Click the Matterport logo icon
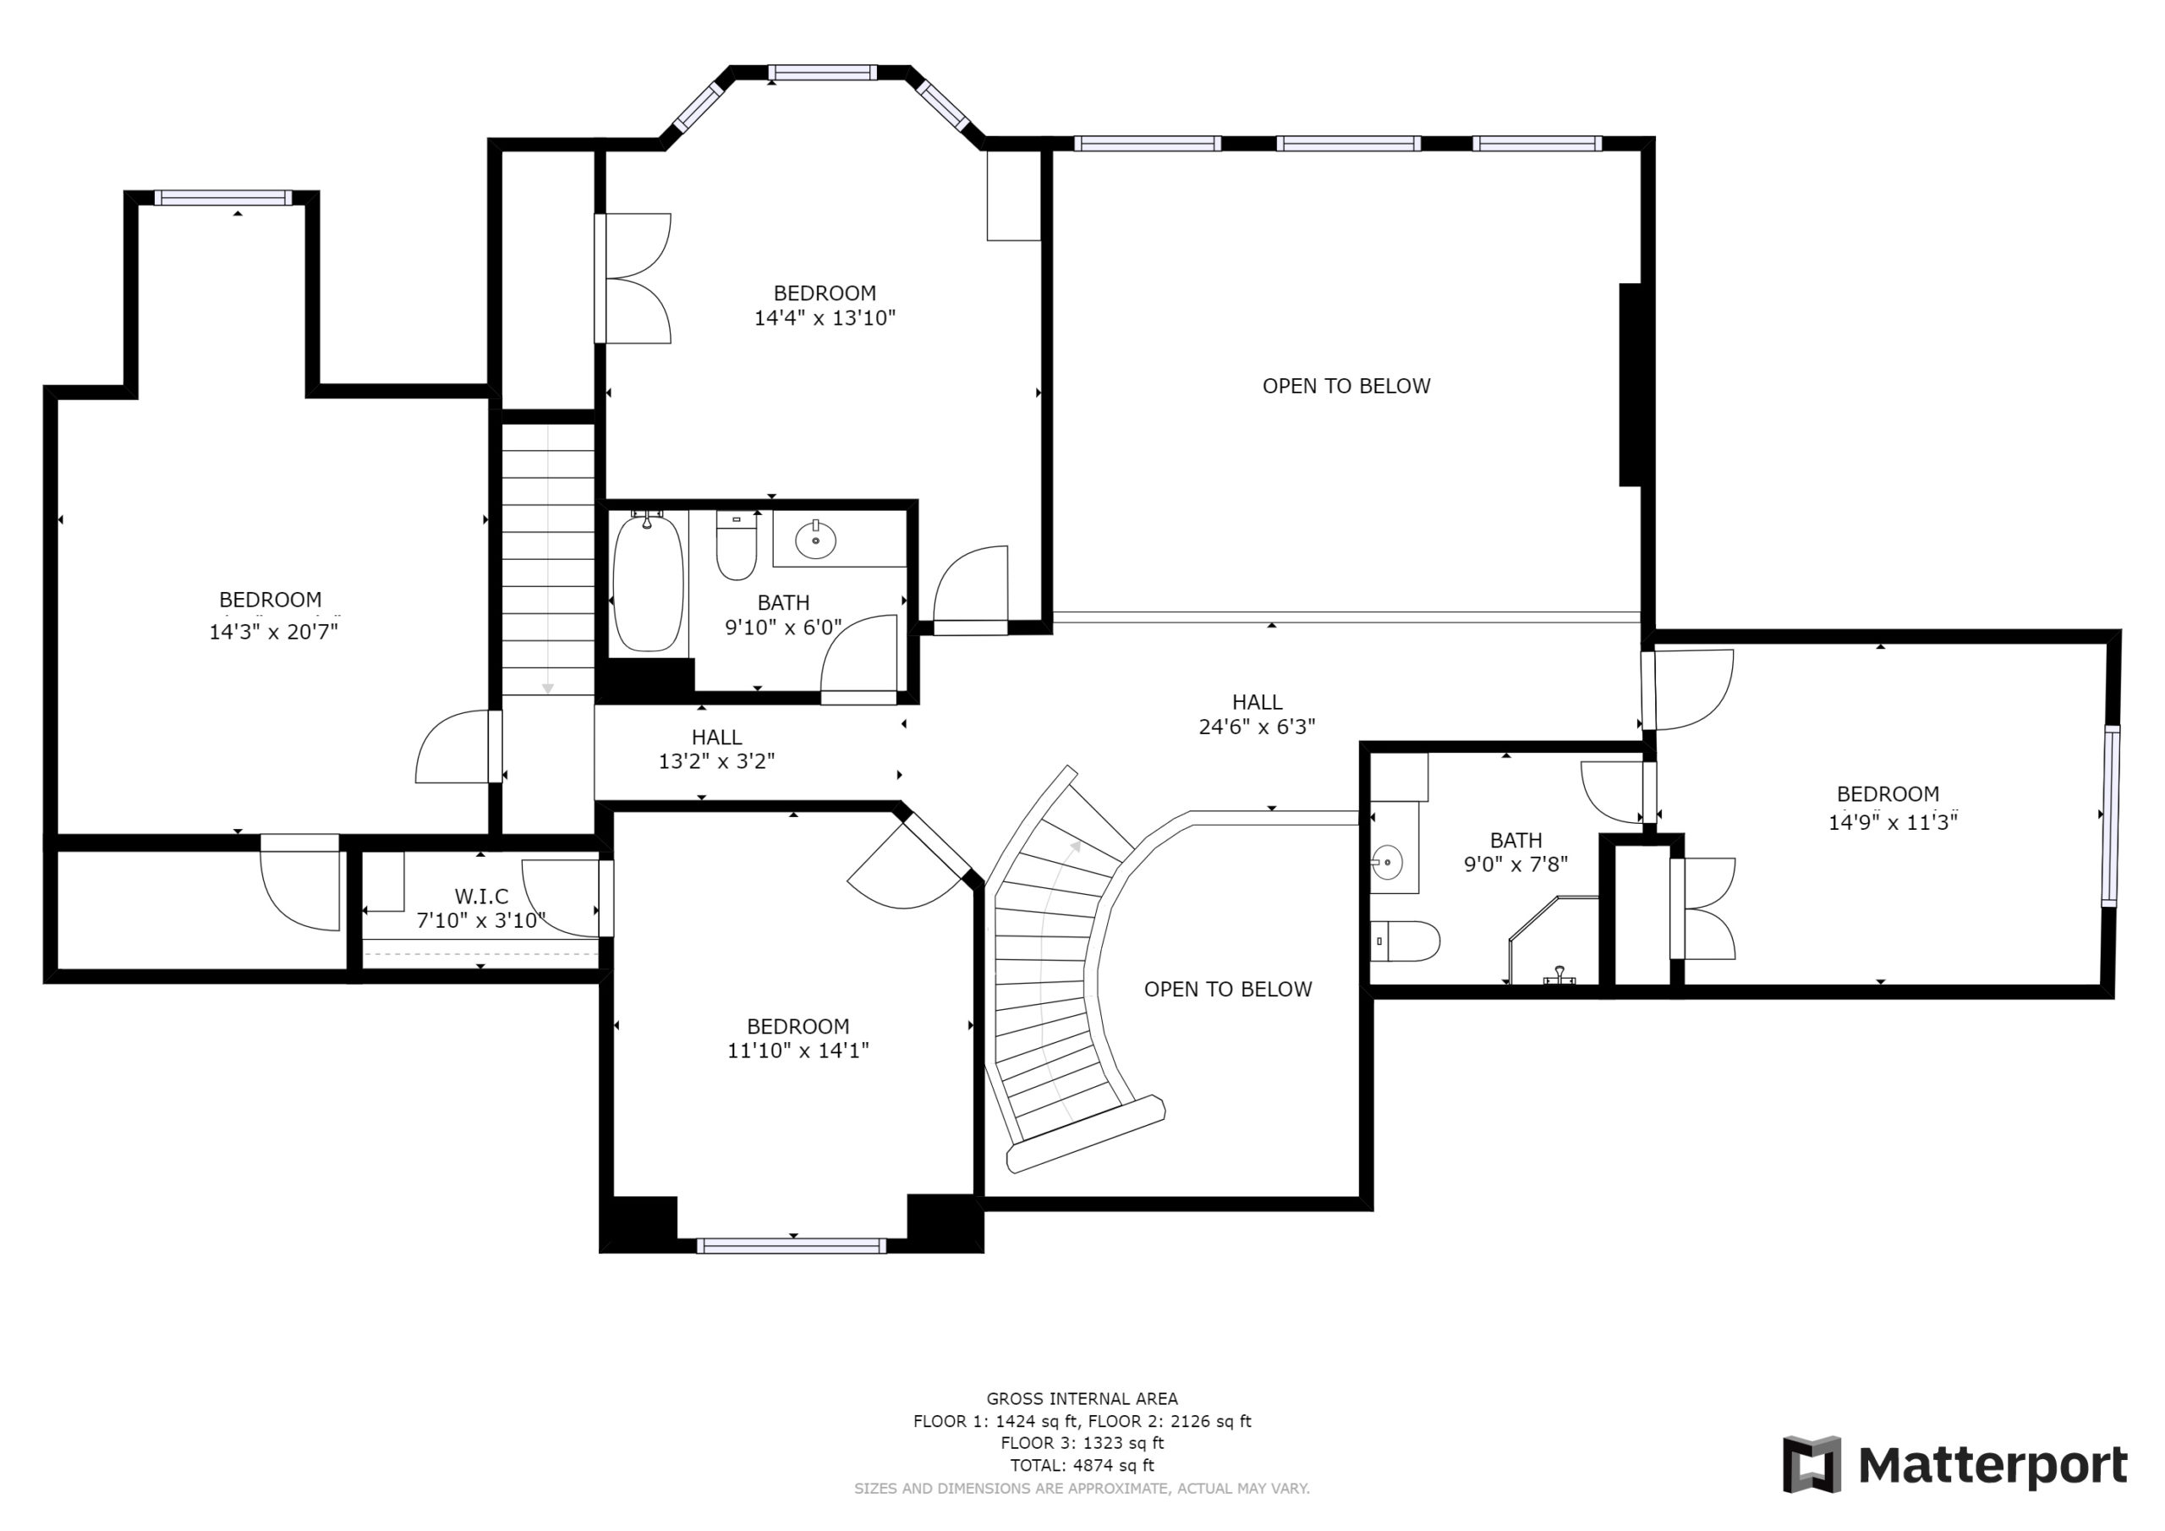(1811, 1464)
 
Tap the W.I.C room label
(481, 895)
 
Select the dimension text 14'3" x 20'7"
(273, 631)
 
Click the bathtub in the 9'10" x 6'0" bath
(648, 582)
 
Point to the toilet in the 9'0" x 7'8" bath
(1405, 941)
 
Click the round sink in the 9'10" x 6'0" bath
(815, 541)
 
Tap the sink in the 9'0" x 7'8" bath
(1387, 862)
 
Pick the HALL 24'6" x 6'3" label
(1257, 714)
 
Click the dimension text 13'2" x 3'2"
(716, 761)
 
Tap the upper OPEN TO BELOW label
(1346, 386)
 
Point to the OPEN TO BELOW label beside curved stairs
(1228, 990)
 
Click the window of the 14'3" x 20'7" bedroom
(223, 197)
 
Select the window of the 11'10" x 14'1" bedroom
(792, 1246)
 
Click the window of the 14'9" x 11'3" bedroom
(2111, 816)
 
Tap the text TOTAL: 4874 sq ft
(1082, 1465)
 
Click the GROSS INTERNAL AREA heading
(1082, 1399)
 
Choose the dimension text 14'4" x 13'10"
(824, 318)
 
